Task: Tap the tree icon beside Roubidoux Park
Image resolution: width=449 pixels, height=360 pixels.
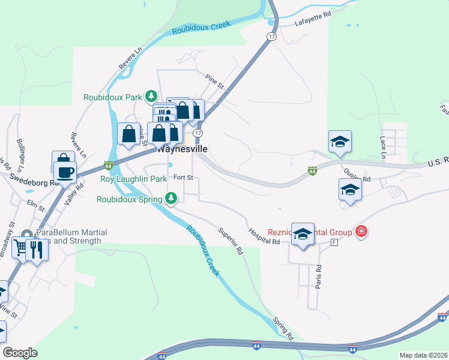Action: point(152,96)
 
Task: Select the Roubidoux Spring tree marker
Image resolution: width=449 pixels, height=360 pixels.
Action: point(172,197)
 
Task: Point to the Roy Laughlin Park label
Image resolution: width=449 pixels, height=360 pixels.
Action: point(133,179)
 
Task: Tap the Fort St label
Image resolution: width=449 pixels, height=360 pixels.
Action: point(182,178)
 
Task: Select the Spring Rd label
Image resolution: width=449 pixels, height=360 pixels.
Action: point(282,326)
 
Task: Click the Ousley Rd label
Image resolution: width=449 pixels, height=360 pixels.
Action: point(358,175)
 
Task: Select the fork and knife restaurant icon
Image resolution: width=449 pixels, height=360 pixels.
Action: point(37,248)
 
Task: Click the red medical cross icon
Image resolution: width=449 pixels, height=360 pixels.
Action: point(361,231)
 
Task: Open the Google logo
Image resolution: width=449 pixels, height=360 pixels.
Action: point(20,353)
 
